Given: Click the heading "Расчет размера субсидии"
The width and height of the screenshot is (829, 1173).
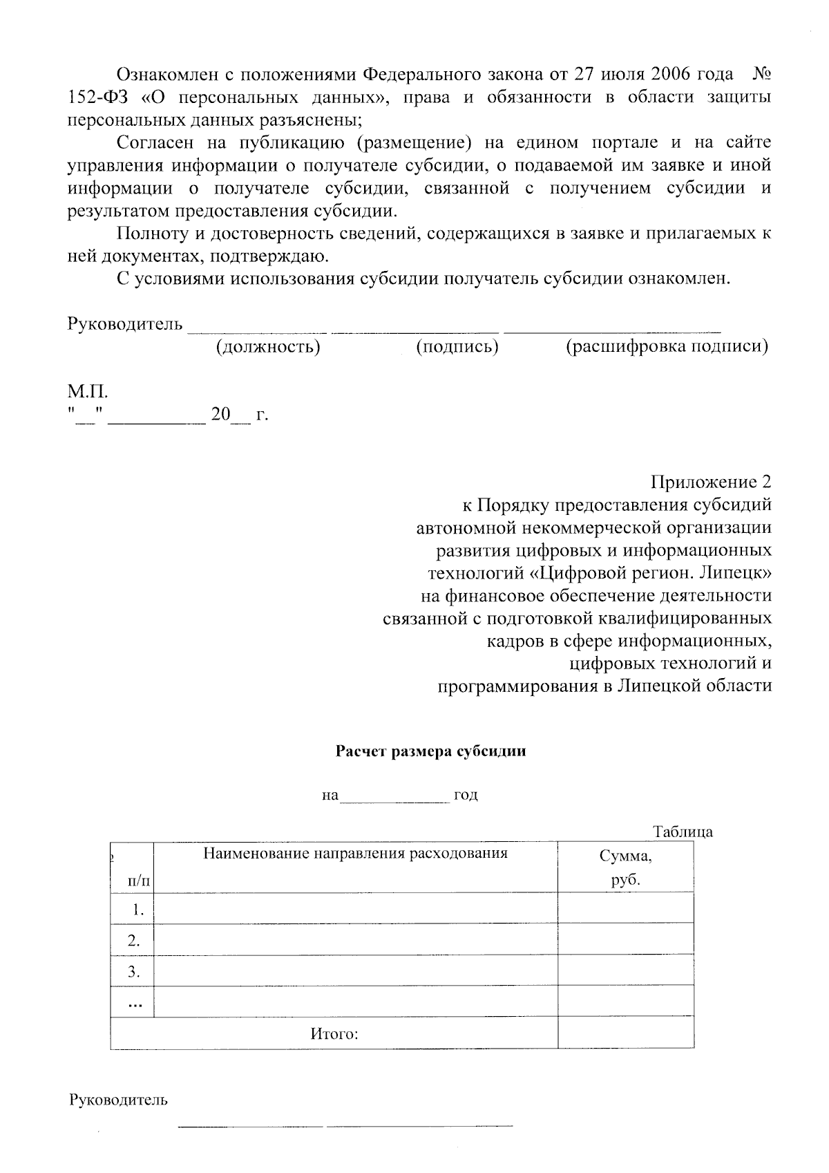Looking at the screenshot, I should [430, 752].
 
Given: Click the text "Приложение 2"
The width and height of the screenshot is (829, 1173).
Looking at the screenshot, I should [711, 482].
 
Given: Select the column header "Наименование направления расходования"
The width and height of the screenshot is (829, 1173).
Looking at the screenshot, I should [355, 853].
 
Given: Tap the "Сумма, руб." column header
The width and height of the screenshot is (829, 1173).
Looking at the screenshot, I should [625, 868].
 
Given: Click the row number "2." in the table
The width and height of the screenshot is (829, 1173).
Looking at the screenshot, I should [134, 940].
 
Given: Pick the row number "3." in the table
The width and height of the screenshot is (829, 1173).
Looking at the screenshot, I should [134, 972].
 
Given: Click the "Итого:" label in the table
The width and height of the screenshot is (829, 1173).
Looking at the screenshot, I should [334, 1035].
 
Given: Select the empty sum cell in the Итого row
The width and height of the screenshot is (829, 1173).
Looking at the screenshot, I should [625, 1033].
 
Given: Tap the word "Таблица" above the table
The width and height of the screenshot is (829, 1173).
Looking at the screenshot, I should [683, 832].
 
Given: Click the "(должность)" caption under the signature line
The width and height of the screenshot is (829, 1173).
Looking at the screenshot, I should [268, 346].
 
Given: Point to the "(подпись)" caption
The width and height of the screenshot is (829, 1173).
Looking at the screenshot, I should [457, 346].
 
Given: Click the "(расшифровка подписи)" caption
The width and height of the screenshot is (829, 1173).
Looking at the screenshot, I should [667, 346].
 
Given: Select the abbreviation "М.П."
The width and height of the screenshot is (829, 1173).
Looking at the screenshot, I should [88, 393].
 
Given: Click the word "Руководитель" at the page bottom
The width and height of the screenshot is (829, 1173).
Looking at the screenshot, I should [117, 1100].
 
